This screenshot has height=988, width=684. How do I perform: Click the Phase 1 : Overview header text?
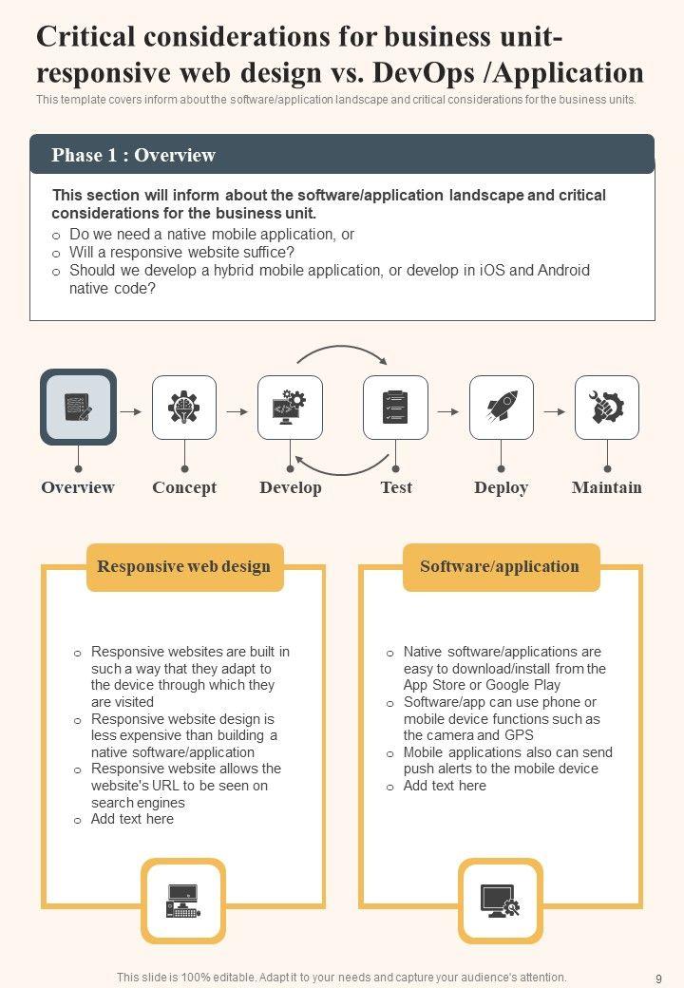pyautogui.click(x=133, y=155)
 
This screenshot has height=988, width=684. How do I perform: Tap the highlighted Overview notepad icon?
pyautogui.click(x=78, y=408)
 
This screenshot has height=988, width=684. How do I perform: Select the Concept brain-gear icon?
pyautogui.click(x=184, y=408)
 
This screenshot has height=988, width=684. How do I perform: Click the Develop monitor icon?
pyautogui.click(x=290, y=408)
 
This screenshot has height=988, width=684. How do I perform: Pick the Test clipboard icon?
pyautogui.click(x=395, y=408)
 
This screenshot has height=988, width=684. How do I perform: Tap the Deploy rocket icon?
pyautogui.click(x=502, y=408)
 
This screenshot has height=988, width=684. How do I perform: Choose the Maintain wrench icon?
pyautogui.click(x=607, y=408)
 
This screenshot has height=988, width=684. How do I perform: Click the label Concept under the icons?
pyautogui.click(x=184, y=487)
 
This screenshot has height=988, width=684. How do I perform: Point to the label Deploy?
pyautogui.click(x=501, y=487)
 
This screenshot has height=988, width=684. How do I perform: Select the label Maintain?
pyautogui.click(x=607, y=487)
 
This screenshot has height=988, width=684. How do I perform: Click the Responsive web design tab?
pyautogui.click(x=184, y=567)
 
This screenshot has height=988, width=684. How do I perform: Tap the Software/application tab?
pyautogui.click(x=500, y=567)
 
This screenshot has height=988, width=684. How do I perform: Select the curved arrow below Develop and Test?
pyautogui.click(x=342, y=466)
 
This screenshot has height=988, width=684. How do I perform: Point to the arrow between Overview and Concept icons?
pyautogui.click(x=132, y=411)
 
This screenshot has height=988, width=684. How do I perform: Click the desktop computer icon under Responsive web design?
pyautogui.click(x=183, y=901)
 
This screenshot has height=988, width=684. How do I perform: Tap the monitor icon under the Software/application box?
pyautogui.click(x=500, y=901)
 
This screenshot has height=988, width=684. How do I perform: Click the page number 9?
pyautogui.click(x=658, y=978)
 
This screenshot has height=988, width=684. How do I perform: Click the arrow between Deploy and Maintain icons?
pyautogui.click(x=554, y=411)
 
